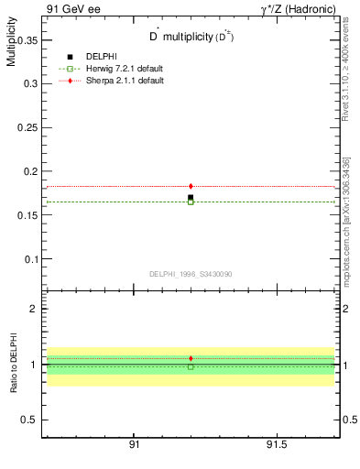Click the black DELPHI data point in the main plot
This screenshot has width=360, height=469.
(191, 197)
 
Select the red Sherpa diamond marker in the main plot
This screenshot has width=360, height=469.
(191, 186)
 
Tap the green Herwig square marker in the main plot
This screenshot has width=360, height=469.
(191, 202)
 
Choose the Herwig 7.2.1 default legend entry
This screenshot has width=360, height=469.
(117, 69)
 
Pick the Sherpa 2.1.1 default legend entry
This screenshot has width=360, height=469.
(116, 81)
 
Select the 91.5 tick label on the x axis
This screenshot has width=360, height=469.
(276, 444)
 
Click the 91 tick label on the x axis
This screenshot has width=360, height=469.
(134, 444)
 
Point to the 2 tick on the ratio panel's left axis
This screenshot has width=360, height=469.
(33, 309)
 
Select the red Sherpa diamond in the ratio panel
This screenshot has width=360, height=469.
(191, 358)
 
